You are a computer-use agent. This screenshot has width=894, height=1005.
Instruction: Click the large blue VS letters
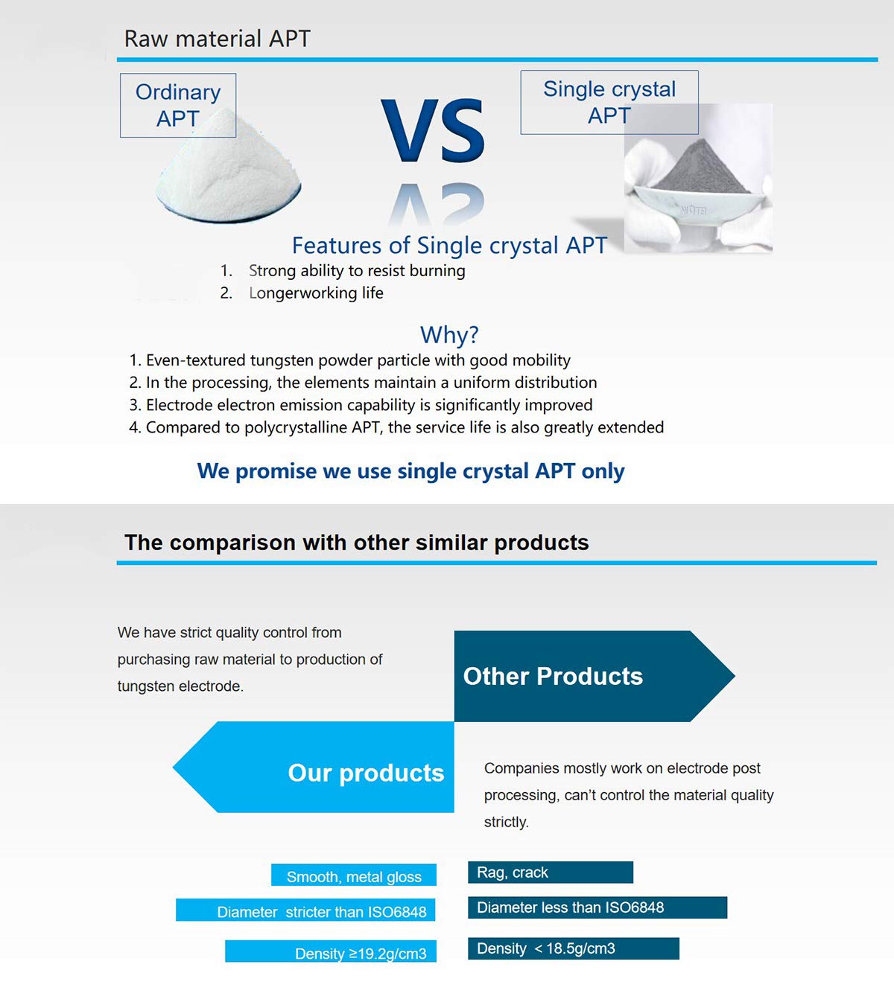[433, 130]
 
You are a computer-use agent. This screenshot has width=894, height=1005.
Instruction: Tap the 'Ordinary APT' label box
[178, 105]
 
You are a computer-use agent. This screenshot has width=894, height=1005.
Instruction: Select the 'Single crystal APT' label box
[609, 102]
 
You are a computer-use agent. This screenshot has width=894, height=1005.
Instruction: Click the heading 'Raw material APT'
[217, 39]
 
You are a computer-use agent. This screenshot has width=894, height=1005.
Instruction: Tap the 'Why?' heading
[449, 335]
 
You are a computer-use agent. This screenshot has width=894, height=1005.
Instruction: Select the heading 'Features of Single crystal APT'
[449, 245]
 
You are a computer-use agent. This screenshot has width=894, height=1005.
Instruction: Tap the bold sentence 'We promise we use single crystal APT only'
[410, 470]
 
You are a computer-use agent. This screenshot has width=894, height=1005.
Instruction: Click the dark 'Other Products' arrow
[594, 676]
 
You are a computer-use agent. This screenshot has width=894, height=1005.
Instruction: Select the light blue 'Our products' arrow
[314, 767]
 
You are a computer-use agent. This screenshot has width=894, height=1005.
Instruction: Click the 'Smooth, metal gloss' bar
[353, 875]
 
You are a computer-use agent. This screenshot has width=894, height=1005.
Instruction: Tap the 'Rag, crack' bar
[551, 872]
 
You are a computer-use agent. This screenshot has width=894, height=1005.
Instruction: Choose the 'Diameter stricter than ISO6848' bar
[305, 910]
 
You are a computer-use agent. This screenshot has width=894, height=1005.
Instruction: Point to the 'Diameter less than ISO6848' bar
[597, 907]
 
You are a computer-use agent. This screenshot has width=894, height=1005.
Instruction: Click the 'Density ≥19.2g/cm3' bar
[331, 951]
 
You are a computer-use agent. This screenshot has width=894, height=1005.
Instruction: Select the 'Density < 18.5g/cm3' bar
[574, 948]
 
